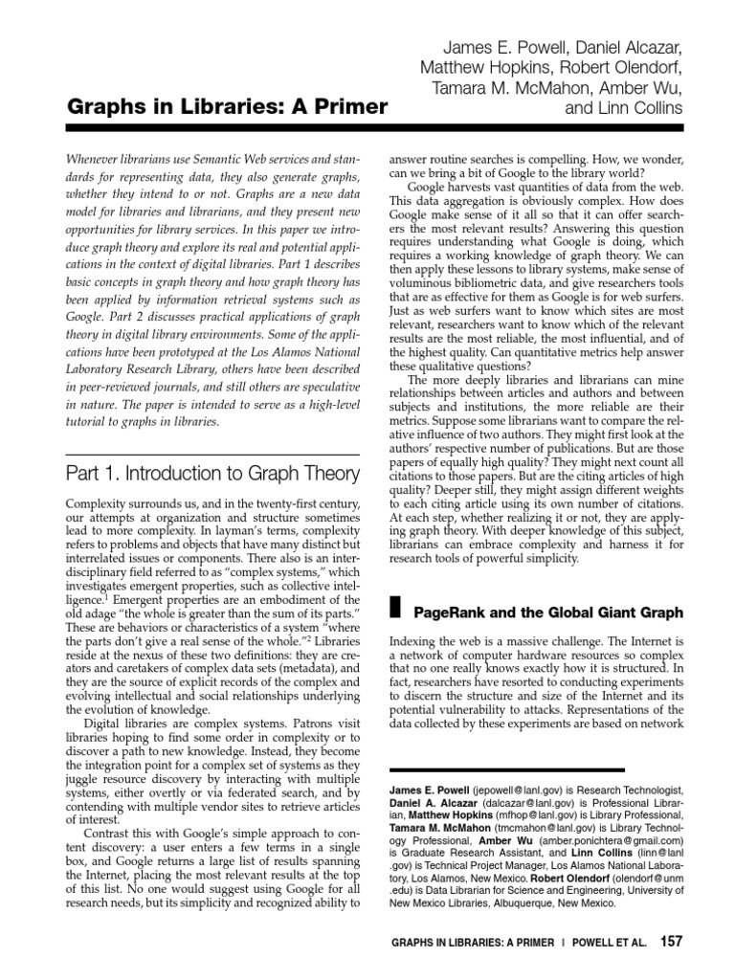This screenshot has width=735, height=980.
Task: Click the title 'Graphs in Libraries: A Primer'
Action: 228,106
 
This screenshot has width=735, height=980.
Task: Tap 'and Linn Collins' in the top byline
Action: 625,107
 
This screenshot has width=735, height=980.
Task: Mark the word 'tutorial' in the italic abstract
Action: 92,421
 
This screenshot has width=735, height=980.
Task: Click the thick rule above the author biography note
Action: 506,769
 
